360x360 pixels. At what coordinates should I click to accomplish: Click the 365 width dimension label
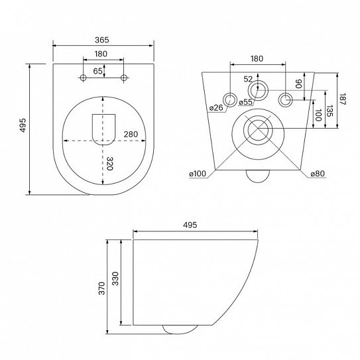tap(101, 40)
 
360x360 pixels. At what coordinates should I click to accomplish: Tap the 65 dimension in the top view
tap(97, 71)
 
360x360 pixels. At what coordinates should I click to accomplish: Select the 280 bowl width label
tap(131, 134)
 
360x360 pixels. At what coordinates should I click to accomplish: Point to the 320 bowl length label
tap(109, 164)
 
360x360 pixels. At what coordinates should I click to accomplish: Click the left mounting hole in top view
tap(83, 78)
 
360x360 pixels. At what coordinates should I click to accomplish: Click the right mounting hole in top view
tap(124, 78)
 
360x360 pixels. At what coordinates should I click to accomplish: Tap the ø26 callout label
tap(216, 107)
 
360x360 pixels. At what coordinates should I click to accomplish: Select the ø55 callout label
tap(246, 102)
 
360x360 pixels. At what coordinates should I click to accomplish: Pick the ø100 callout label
tap(198, 174)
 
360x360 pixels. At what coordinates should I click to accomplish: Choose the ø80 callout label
tap(318, 174)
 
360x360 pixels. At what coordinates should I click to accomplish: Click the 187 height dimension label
tap(342, 99)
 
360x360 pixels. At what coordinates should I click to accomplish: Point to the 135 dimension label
tap(330, 111)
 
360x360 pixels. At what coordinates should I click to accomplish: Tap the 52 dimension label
tap(248, 79)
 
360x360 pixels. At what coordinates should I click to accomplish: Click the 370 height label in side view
tap(101, 288)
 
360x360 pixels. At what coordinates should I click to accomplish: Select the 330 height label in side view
tap(115, 278)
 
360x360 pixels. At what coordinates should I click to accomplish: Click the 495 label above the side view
tap(190, 225)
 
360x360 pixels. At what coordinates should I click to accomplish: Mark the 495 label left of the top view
tap(23, 125)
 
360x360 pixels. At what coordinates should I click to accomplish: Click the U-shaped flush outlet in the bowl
tap(103, 130)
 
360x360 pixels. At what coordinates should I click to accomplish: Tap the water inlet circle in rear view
tap(258, 90)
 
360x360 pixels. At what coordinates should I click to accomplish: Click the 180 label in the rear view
tap(257, 59)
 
